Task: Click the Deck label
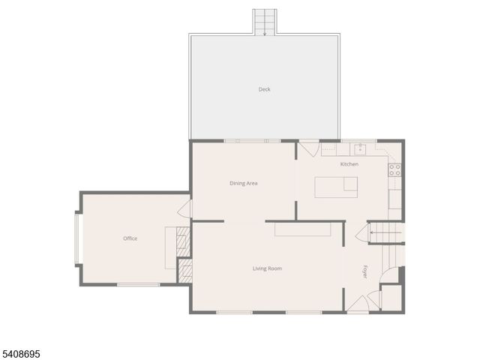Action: point(264,89)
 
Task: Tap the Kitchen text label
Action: point(349,164)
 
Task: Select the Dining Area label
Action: point(244,183)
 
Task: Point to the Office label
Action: point(130,238)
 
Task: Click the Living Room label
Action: point(267,268)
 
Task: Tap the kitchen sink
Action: point(360,148)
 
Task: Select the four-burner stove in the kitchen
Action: point(394,169)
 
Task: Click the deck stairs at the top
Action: point(264,22)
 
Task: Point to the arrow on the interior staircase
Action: point(371,232)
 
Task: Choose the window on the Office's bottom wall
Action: point(138,284)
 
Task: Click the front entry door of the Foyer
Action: point(358,304)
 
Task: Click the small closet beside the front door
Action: point(391,298)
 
